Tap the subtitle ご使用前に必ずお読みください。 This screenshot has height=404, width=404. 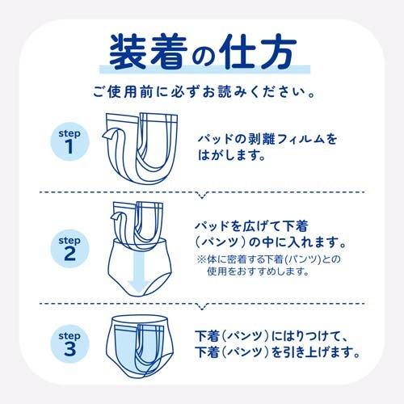tap(202, 91)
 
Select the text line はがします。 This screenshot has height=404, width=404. tap(236, 155)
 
